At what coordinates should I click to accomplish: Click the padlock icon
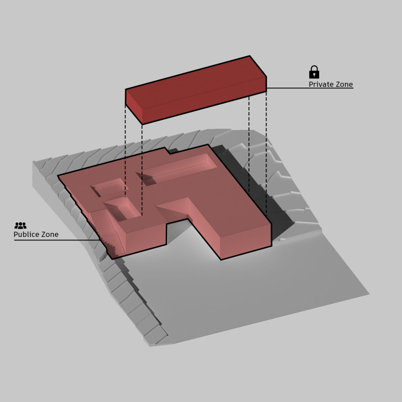tap(314, 72)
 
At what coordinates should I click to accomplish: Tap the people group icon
tap(21, 226)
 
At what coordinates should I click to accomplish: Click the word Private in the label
tap(320, 84)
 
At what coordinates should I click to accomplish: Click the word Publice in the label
tap(26, 234)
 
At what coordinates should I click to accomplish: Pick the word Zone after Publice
tap(49, 234)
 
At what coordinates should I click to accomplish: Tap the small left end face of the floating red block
tap(134, 107)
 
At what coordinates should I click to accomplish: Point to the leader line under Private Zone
tap(310, 88)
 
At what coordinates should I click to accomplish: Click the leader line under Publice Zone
tap(57, 240)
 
